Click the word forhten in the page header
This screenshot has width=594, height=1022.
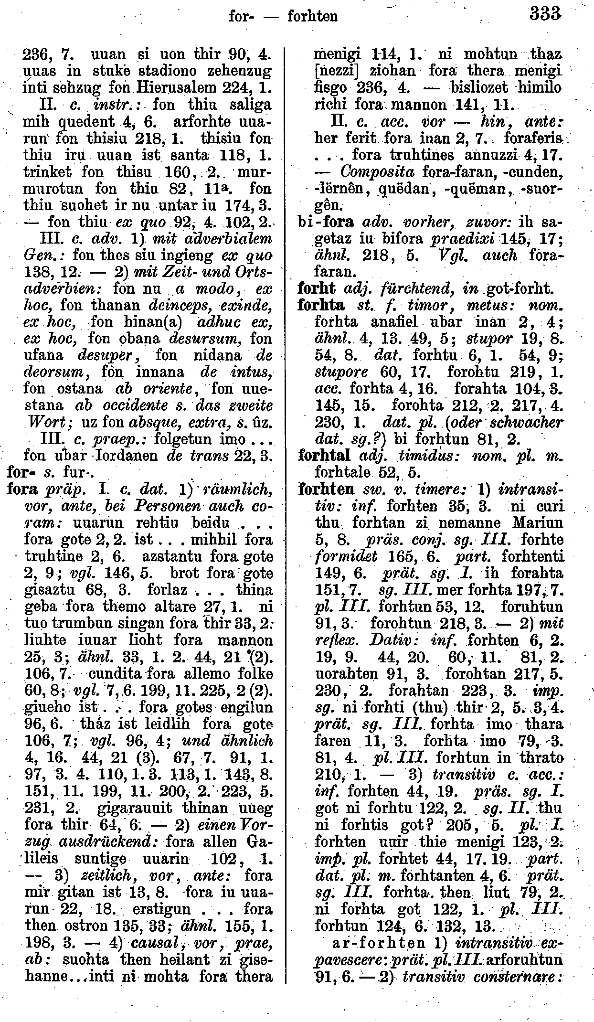click(313, 16)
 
